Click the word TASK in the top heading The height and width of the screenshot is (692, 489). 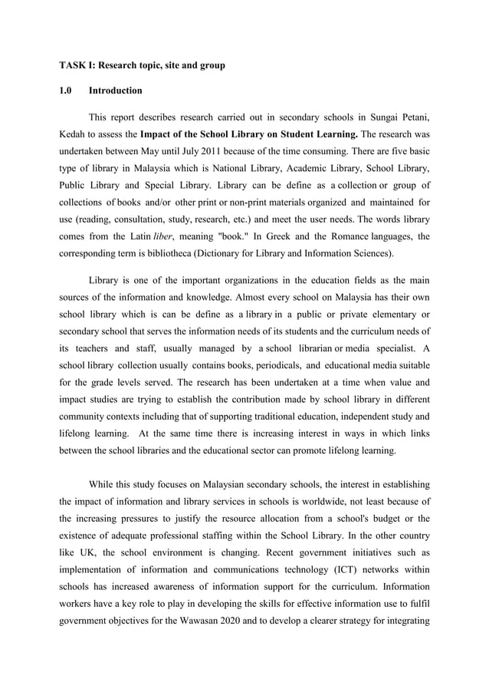(x=73, y=66)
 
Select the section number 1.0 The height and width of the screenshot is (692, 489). (x=67, y=91)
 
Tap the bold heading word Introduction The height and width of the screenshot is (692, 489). (x=116, y=91)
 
